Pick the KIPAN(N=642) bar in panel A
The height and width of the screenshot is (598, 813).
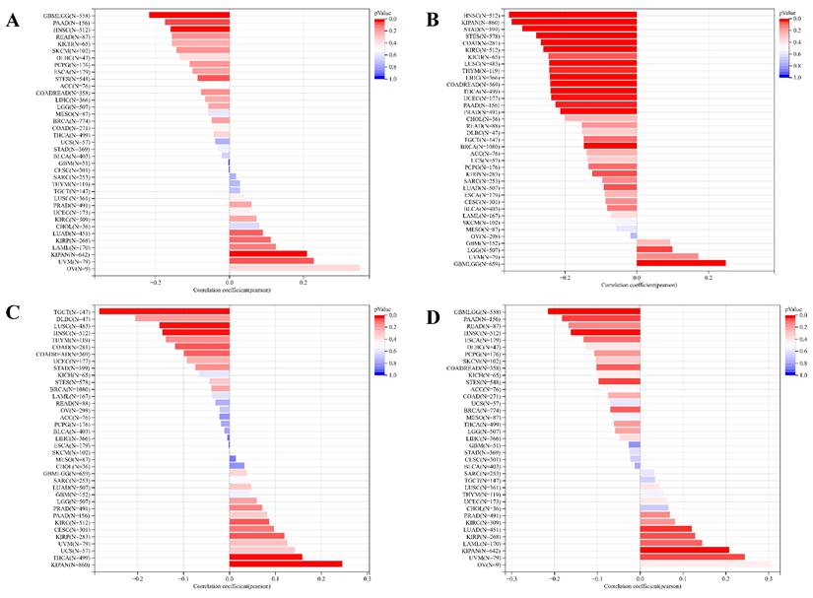coord(268,253)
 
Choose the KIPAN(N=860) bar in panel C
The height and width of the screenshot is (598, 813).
coord(286,564)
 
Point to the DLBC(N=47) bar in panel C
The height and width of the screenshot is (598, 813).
coord(182,318)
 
